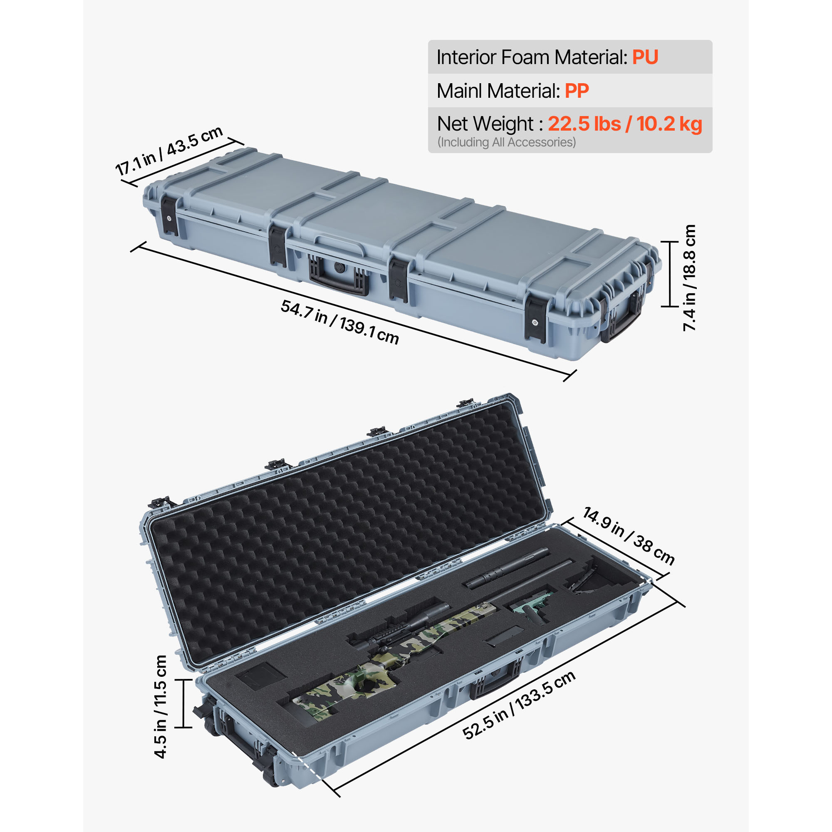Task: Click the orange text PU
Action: [645, 57]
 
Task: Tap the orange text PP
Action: [577, 91]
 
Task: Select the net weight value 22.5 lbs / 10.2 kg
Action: [625, 124]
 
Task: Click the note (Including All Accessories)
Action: [506, 143]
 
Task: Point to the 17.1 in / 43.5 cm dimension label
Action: [169, 151]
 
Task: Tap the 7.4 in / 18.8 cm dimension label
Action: [689, 278]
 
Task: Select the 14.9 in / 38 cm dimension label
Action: [628, 536]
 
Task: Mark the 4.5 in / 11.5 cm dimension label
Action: [161, 707]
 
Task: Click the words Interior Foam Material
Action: [531, 57]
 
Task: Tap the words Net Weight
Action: [485, 124]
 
